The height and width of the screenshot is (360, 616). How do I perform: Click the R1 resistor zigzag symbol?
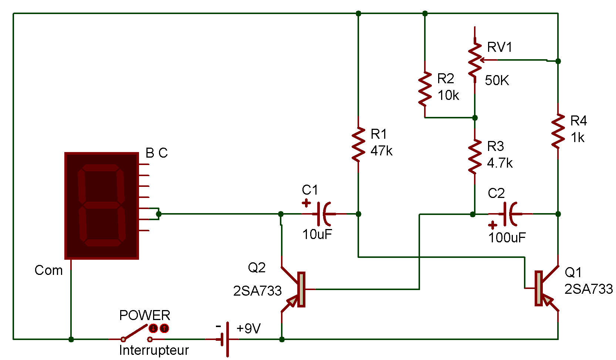[358, 145]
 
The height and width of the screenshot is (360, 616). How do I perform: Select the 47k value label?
[381, 151]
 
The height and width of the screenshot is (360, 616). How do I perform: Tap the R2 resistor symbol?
[425, 89]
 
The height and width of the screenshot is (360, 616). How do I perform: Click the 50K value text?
[497, 80]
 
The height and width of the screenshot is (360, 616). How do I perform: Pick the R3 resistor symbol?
[475, 157]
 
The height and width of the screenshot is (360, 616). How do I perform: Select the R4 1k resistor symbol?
[558, 132]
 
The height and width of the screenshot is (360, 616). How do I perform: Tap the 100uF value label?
[507, 238]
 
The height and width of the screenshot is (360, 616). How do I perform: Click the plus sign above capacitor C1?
[306, 203]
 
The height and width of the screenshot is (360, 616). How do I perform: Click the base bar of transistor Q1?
[538, 288]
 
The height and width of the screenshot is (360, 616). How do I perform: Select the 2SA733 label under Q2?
[257, 291]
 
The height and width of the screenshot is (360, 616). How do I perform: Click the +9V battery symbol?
[225, 339]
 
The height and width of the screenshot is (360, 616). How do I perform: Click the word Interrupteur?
[154, 350]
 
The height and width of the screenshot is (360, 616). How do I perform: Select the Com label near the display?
[48, 270]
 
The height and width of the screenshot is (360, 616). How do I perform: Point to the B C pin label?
[156, 153]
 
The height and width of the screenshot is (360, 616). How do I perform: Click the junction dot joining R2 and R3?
[475, 118]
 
